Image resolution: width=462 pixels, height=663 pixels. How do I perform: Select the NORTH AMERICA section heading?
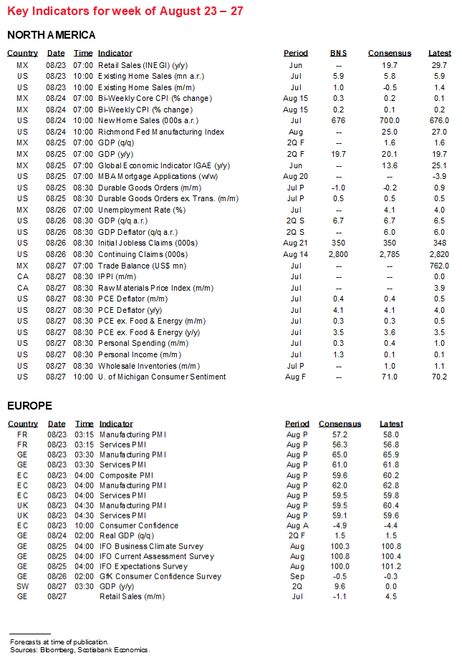[x=52, y=35]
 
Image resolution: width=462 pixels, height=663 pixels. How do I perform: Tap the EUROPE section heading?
[x=29, y=406]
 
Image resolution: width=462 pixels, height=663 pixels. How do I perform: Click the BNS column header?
[x=338, y=53]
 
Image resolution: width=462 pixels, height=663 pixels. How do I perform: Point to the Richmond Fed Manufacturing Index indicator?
[x=161, y=132]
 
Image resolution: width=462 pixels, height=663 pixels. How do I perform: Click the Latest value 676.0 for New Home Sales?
[x=439, y=120]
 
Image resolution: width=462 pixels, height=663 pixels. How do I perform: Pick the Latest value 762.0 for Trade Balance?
[x=439, y=265]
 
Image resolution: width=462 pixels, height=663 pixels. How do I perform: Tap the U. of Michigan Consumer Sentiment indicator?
[x=163, y=377]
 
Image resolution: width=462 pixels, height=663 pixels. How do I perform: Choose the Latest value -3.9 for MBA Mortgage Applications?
[x=440, y=176]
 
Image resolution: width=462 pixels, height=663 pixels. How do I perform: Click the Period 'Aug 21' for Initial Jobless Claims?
[x=295, y=243]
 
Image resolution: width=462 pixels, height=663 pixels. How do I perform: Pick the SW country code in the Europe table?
[x=23, y=586]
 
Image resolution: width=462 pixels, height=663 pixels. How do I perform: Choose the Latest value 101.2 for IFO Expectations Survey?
[x=391, y=566]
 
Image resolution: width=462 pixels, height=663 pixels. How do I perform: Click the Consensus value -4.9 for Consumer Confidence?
[x=340, y=526]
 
